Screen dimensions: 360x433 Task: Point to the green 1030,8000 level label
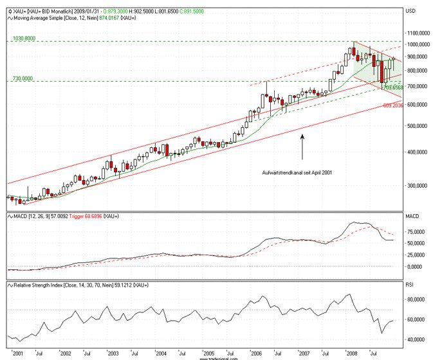click(x=25, y=39)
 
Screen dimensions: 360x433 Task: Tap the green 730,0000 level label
click(x=23, y=78)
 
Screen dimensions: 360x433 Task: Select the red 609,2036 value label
click(x=394, y=105)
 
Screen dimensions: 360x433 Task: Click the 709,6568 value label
click(x=392, y=87)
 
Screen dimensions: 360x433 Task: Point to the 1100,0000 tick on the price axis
click(x=418, y=32)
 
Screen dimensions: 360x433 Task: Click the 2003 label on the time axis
click(x=113, y=353)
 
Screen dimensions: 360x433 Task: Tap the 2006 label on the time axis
click(x=256, y=353)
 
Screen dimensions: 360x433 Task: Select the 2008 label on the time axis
click(x=352, y=353)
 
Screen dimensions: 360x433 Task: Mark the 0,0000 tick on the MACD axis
click(x=419, y=266)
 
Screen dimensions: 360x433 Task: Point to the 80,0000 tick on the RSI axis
click(x=418, y=299)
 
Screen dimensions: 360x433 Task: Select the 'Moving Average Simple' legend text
click(x=39, y=19)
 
